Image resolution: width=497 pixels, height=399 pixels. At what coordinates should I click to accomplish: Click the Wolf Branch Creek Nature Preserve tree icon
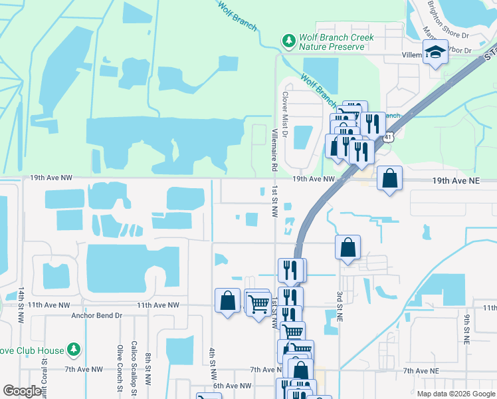[289, 41]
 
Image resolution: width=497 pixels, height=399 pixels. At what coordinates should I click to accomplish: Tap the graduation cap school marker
[435, 53]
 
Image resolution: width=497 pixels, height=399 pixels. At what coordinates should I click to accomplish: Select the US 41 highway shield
[387, 136]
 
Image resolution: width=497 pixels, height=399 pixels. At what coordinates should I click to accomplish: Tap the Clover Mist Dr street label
[284, 114]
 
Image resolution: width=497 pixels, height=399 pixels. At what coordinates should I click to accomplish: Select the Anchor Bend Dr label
[97, 316]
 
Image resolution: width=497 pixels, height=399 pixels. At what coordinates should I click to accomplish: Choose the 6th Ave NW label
[232, 386]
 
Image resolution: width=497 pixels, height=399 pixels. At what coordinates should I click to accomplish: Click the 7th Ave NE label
[421, 370]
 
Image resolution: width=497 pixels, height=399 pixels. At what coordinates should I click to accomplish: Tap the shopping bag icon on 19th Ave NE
[389, 178]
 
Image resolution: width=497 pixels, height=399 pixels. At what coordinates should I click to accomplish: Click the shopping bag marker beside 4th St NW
[227, 300]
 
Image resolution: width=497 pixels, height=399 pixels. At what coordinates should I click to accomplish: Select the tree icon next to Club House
[74, 349]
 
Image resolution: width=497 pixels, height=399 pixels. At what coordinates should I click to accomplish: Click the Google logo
[22, 391]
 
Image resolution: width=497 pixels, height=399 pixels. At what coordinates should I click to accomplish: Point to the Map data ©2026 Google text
[456, 394]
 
